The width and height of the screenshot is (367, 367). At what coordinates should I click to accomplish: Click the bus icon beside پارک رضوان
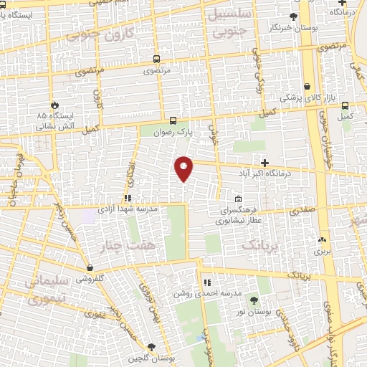coord(172,120)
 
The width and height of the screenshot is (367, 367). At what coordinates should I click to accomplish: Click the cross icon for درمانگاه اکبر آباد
coord(264,163)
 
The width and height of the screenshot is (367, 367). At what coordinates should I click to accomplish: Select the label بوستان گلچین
coord(149,358)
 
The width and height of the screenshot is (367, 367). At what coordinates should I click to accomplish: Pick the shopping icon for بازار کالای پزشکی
coord(307,86)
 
